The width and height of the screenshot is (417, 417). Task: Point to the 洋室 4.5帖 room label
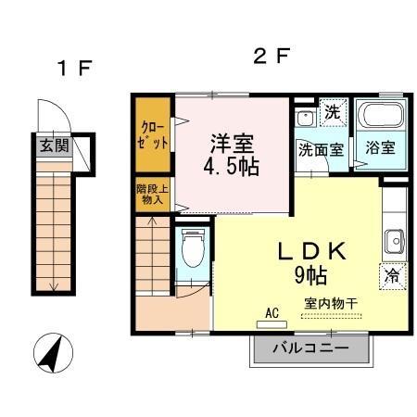[x=233, y=155]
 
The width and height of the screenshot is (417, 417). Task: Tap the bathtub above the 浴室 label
[x=380, y=118]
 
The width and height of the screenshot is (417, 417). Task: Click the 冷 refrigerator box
[x=391, y=275]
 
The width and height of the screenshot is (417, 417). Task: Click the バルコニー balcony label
[x=310, y=349]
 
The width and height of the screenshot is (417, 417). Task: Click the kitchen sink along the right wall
[x=393, y=239]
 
